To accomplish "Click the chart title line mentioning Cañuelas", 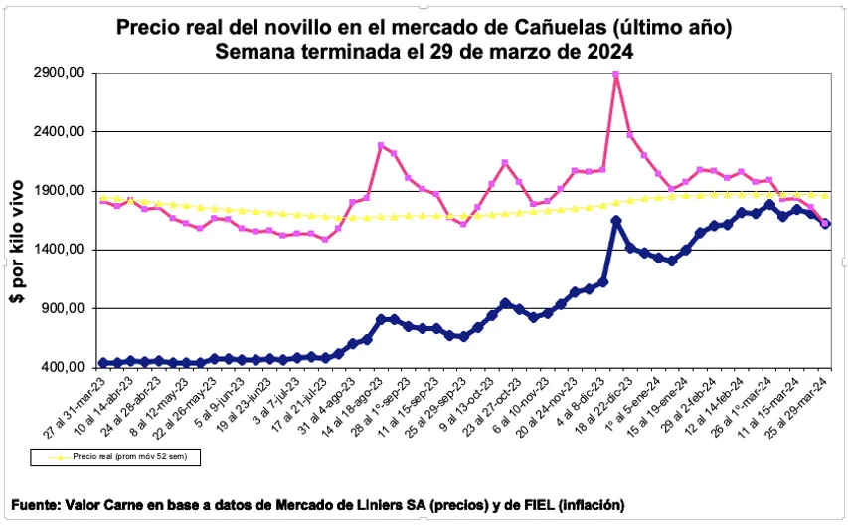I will pos(424,27).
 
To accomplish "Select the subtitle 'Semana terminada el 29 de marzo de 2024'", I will pos(424,50).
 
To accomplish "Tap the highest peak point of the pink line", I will pos(616,74).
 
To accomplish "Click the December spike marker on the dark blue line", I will pos(616,221).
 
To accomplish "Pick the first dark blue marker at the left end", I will pos(104,363).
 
